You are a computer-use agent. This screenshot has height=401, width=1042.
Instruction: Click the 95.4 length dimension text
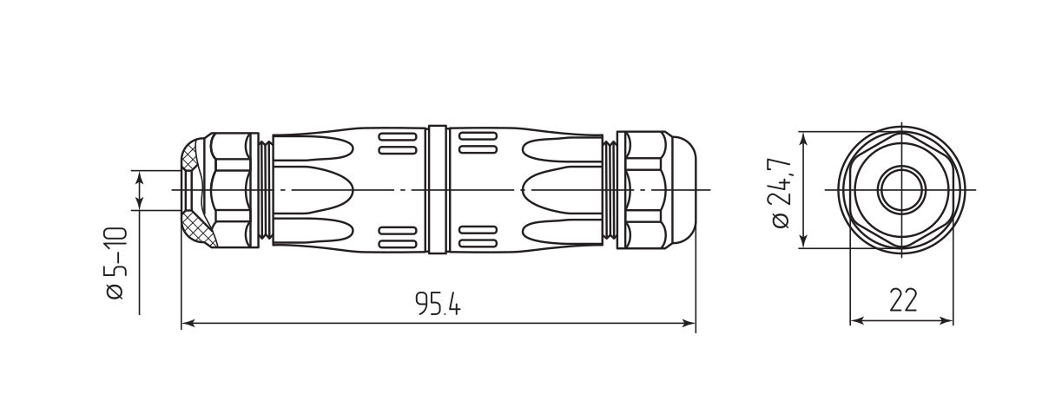(438, 305)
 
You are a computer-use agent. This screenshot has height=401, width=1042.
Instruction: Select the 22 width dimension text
(903, 301)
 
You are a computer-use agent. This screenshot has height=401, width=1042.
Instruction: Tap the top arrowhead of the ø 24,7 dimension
(803, 138)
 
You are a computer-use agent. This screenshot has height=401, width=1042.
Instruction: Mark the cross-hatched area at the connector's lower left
(199, 229)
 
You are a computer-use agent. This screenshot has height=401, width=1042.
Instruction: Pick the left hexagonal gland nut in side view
(229, 190)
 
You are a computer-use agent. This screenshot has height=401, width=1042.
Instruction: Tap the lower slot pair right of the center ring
(478, 236)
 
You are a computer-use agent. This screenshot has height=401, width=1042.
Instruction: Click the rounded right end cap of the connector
(683, 190)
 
